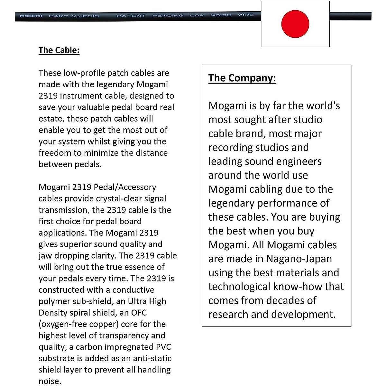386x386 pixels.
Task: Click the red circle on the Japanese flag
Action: click(295, 24)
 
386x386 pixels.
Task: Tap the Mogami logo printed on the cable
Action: click(31, 16)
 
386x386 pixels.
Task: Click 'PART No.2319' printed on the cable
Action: click(74, 16)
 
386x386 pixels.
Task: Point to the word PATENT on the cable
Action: click(131, 15)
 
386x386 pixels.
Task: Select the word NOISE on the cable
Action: click(221, 15)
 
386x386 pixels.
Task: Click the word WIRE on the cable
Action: click(246, 15)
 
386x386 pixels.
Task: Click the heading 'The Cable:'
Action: click(59, 50)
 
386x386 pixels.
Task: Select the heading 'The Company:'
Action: click(242, 78)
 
